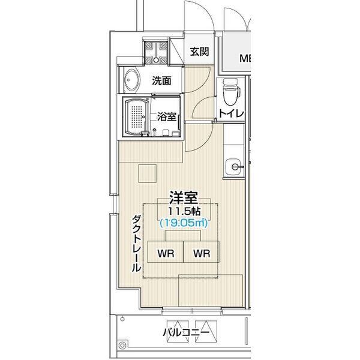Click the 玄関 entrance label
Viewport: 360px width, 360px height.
(x=199, y=52)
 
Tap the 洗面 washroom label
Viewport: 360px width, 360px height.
(x=161, y=80)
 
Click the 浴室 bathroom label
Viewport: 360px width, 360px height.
(x=167, y=116)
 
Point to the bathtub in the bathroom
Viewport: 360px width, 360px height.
(x=136, y=117)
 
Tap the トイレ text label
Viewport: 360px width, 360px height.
(x=231, y=113)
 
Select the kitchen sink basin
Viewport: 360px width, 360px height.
(x=234, y=167)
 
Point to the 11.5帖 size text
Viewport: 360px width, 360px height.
(x=184, y=211)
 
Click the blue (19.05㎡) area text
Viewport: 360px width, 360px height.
(x=184, y=223)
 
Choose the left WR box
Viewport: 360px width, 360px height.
(x=166, y=251)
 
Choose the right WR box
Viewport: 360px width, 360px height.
(x=202, y=251)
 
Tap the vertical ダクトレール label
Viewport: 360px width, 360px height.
(x=136, y=244)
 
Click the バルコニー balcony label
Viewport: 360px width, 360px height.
(x=186, y=332)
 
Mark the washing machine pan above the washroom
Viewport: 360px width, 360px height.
(x=156, y=52)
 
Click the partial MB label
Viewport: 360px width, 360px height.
(x=245, y=58)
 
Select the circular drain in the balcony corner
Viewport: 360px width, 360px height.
(x=122, y=346)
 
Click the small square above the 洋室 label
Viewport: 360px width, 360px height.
(x=148, y=173)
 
